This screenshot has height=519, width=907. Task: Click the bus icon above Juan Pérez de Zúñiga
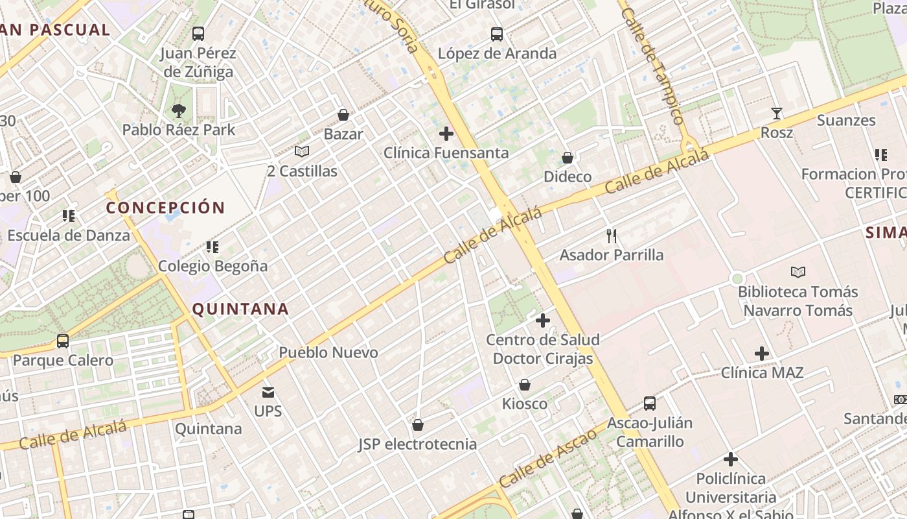tap(198, 34)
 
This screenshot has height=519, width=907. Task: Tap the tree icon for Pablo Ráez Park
tap(179, 111)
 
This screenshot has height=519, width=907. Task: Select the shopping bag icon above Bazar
tap(343, 115)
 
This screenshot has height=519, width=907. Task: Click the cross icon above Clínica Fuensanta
tap(446, 134)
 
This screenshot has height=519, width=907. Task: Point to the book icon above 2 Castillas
tap(302, 152)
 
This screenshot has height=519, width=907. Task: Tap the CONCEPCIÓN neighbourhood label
tap(165, 208)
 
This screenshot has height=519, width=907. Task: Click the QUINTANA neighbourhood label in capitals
tap(240, 309)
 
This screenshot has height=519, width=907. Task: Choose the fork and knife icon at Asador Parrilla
tap(611, 235)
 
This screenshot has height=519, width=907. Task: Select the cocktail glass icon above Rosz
tap(776, 114)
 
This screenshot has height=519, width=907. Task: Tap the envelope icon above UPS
tap(268, 392)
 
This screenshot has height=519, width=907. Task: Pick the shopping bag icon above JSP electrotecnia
tap(418, 425)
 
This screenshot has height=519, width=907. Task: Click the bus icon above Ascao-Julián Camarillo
tap(650, 404)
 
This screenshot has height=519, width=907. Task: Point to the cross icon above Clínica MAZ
tap(762, 354)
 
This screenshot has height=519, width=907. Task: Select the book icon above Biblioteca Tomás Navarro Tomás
tap(798, 272)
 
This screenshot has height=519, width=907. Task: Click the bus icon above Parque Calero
tap(63, 341)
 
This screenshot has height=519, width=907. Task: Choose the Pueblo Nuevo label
tap(328, 352)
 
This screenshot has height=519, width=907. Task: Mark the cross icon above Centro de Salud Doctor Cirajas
tap(543, 320)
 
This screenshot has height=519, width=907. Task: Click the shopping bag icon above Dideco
tap(568, 158)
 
